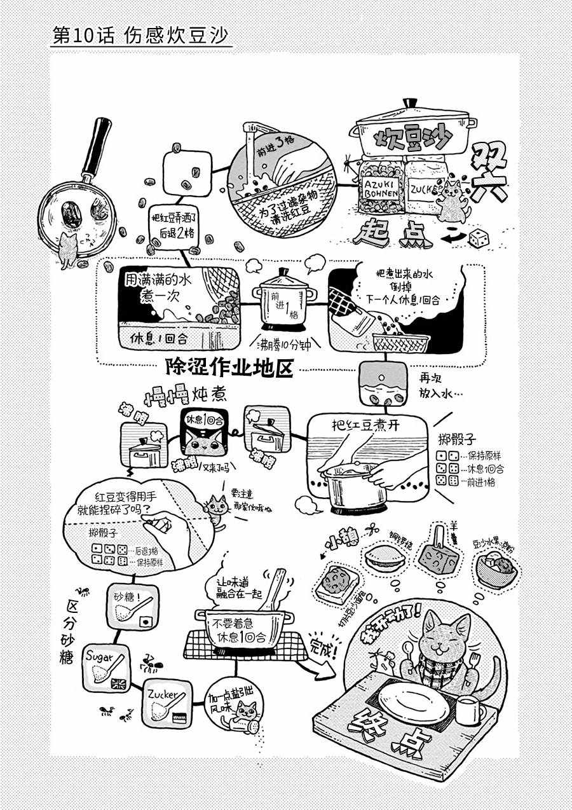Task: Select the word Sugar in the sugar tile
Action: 99,656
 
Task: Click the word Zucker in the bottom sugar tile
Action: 160,694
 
